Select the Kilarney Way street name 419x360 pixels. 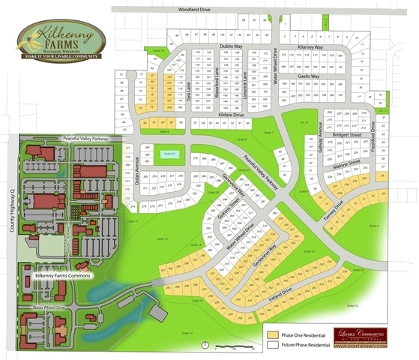click(x=310, y=46)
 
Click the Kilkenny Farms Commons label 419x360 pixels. click(x=63, y=276)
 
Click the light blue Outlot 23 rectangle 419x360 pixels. click(x=170, y=154)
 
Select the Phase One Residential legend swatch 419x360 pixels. click(x=272, y=334)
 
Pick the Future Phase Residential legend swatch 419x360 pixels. click(x=272, y=344)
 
